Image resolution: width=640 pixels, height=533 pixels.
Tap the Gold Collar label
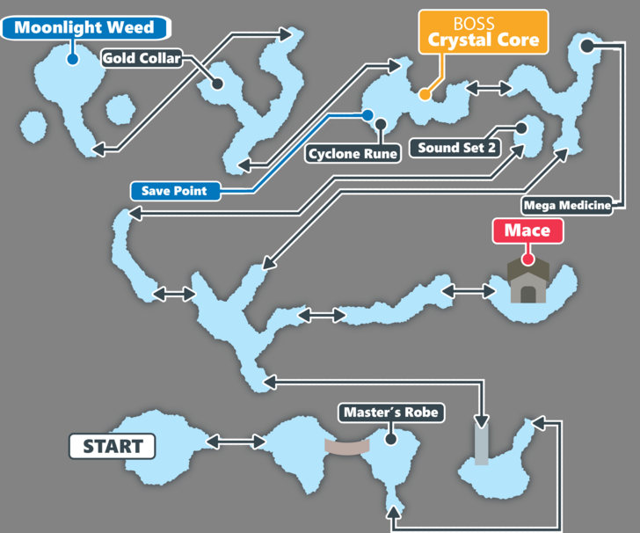(142, 59)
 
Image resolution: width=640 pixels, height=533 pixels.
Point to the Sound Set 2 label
(457, 148)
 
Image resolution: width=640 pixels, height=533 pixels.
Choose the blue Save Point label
(174, 191)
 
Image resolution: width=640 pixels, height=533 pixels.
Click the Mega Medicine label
(567, 206)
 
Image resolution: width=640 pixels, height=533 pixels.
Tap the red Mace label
(527, 231)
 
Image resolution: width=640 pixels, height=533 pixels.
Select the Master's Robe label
(390, 412)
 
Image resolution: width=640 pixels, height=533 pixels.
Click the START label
(113, 446)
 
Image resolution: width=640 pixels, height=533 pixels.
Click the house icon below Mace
(528, 282)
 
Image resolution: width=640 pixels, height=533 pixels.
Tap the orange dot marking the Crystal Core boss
(425, 94)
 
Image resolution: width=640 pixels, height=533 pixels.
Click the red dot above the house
(527, 259)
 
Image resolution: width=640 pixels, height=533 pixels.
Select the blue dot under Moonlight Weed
(73, 60)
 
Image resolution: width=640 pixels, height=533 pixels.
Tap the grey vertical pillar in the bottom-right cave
(481, 445)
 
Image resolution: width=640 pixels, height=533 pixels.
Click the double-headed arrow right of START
(236, 442)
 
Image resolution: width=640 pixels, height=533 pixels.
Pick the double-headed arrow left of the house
(465, 290)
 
